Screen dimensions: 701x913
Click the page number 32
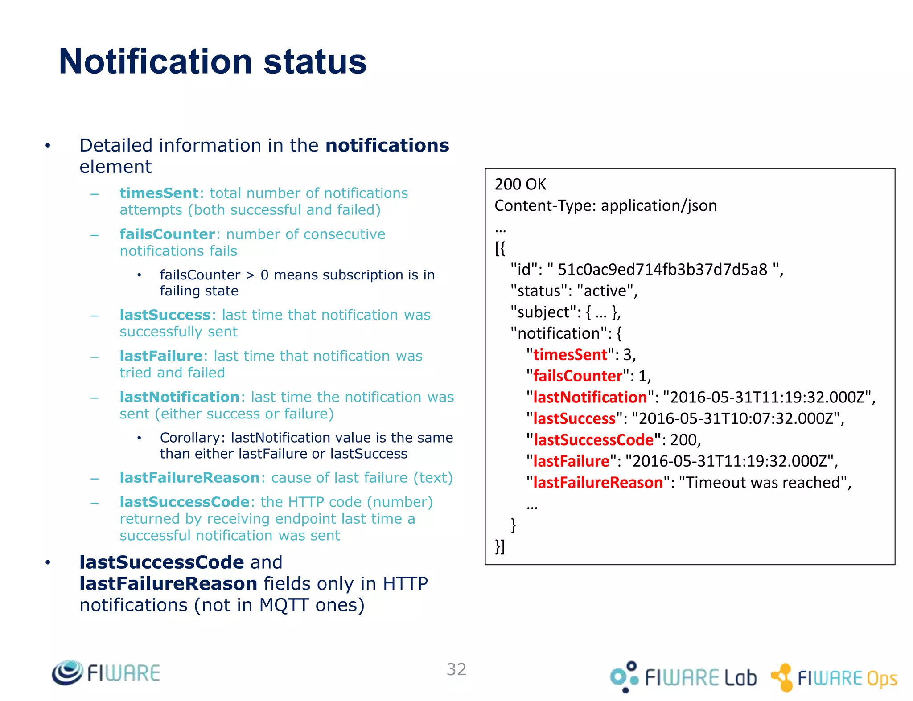[456, 669]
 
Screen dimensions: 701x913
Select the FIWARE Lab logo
[683, 677]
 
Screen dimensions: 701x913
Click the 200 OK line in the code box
[520, 184]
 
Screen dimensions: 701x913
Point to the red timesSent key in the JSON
[570, 355]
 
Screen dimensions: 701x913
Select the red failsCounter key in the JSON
[577, 376]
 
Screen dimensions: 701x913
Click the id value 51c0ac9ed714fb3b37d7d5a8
[662, 270]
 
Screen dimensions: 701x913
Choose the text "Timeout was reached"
[762, 483]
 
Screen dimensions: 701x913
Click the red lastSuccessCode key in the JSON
[593, 440]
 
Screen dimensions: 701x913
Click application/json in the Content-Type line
[658, 205]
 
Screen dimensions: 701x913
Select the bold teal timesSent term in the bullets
[159, 193]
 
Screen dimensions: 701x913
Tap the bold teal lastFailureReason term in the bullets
[189, 478]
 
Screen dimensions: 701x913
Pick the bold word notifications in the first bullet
[387, 146]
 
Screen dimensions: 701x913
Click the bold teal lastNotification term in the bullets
[179, 397]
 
